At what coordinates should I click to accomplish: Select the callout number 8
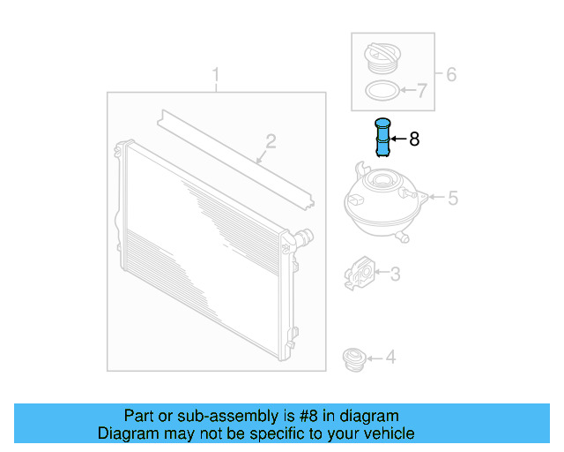tap(414, 139)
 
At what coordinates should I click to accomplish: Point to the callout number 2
tap(271, 141)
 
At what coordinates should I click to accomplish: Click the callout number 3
tap(395, 275)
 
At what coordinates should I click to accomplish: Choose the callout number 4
tap(390, 358)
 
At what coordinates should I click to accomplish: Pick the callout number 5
tap(452, 199)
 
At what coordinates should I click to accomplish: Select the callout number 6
tap(450, 74)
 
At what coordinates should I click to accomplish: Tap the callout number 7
tap(421, 89)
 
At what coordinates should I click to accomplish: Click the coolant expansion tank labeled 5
tap(382, 201)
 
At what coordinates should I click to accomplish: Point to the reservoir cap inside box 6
tap(381, 60)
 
